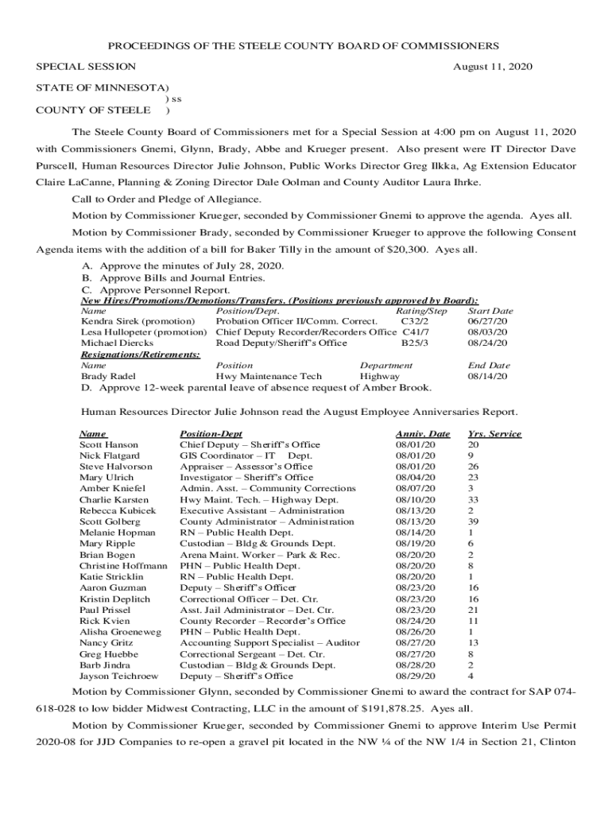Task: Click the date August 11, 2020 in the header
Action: (492, 67)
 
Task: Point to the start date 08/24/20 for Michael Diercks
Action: (488, 343)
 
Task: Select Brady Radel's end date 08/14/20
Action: (488, 376)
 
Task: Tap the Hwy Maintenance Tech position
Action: (269, 376)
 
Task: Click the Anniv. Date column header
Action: (423, 434)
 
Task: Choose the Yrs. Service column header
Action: (494, 434)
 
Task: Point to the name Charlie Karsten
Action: (114, 499)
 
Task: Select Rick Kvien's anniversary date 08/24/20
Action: (416, 621)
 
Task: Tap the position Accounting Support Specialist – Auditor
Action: (269, 642)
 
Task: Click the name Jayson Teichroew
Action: (118, 676)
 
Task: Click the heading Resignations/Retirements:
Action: (141, 355)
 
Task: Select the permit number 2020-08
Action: (55, 747)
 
